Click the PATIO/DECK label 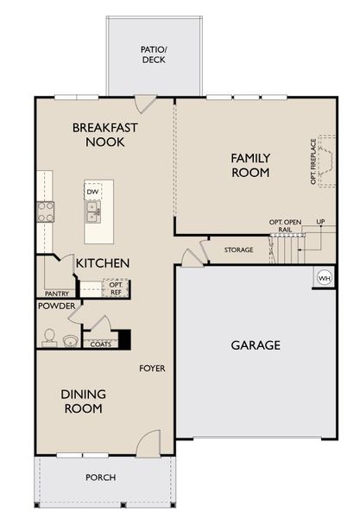(155, 55)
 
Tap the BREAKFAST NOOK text (104, 135)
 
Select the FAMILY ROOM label (250, 165)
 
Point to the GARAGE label (255, 345)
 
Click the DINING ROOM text (83, 401)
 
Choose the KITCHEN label (102, 262)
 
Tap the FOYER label (152, 369)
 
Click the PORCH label (100, 477)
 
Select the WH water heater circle (325, 278)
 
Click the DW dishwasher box (92, 192)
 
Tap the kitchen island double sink (92, 208)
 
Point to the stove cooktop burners (45, 212)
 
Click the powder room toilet (51, 338)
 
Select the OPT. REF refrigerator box (115, 287)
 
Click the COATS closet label (100, 343)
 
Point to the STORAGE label (239, 250)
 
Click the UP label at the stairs (321, 223)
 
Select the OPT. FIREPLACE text (313, 161)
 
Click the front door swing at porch (150, 442)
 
